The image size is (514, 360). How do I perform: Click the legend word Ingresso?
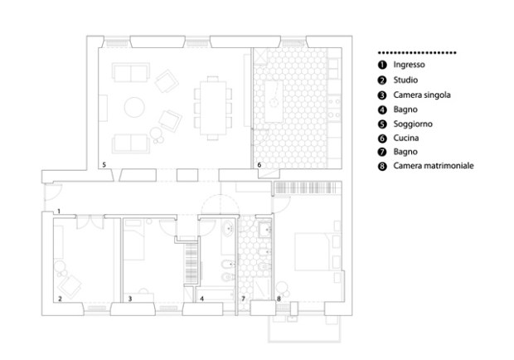pyautogui.click(x=409, y=65)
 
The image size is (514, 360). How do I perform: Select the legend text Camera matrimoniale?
pyautogui.click(x=434, y=166)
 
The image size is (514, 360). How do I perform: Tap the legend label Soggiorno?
pyautogui.click(x=413, y=124)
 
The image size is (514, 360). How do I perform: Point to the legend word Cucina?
pyautogui.click(x=406, y=138)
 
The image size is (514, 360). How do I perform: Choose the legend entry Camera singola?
pyautogui.click(x=422, y=95)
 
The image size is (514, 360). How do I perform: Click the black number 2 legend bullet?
pyautogui.click(x=382, y=80)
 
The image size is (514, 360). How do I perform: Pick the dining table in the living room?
pyautogui.click(x=213, y=108)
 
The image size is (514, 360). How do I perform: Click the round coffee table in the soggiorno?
pyautogui.click(x=134, y=107)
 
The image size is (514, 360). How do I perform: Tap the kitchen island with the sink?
pyautogui.click(x=274, y=101)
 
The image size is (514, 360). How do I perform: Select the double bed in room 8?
pyautogui.click(x=313, y=252)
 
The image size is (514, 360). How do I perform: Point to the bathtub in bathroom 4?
pyautogui.click(x=215, y=294)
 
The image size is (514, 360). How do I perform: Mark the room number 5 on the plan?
pyautogui.click(x=104, y=164)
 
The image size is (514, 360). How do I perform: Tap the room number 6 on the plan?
pyautogui.click(x=259, y=164)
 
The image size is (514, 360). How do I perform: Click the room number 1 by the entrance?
pyautogui.click(x=59, y=212)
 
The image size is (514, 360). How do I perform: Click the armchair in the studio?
pyautogui.click(x=70, y=285)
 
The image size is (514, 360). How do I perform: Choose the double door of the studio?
pyautogui.click(x=90, y=221)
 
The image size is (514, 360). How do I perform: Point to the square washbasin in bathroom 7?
pyautogui.click(x=264, y=230)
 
